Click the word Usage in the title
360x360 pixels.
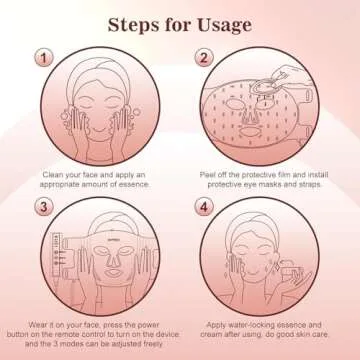coord(224,26)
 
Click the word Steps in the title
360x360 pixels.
coord(133,25)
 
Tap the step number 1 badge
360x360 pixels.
coord(44,58)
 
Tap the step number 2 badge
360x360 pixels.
coord(204,58)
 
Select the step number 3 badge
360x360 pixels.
coord(44,207)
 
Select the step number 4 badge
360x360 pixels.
coord(204,207)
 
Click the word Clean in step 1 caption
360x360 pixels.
coord(52,175)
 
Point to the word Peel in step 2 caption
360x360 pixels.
coord(207,175)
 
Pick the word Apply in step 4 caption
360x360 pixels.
coord(217,325)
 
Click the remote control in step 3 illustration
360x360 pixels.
coord(57,254)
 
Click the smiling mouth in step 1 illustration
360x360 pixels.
coord(100,128)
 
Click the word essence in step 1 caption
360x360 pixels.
coord(135,184)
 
